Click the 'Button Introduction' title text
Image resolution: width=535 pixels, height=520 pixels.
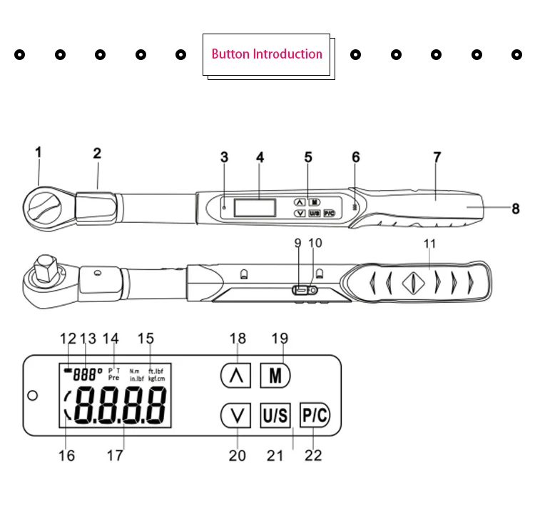click(267, 54)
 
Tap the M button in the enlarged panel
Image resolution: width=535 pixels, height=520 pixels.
click(275, 376)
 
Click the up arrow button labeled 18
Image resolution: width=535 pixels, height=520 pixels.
click(235, 376)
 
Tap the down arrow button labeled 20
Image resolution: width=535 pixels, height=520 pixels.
click(235, 415)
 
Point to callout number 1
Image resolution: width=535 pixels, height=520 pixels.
click(39, 151)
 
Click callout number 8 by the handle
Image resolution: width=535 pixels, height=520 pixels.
click(515, 209)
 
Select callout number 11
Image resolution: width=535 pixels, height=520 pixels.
click(429, 244)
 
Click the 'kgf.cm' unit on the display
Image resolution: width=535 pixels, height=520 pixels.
click(157, 378)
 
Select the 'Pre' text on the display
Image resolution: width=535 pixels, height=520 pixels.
click(113, 378)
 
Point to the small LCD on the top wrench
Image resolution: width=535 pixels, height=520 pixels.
click(255, 208)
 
